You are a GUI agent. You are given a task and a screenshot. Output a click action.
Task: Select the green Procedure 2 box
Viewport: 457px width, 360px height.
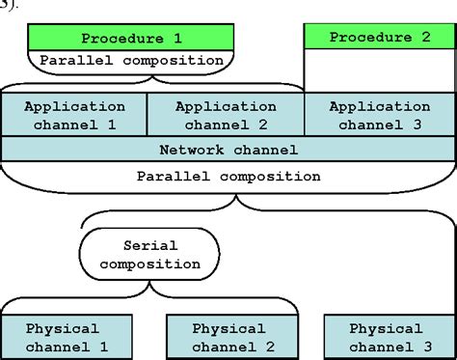[380, 38]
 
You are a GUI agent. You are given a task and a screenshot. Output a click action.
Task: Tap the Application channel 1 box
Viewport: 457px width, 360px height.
[74, 114]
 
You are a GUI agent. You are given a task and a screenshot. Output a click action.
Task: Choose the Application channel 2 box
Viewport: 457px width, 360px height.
[226, 114]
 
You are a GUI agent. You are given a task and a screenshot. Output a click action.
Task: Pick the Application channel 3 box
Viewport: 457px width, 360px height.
[379, 114]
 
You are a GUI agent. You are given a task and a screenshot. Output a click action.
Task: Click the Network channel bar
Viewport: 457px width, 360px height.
[228, 150]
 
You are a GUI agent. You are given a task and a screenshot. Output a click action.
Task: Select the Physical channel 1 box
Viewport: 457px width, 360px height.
[62, 336]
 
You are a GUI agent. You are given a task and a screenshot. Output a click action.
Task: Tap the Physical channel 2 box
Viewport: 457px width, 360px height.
[228, 336]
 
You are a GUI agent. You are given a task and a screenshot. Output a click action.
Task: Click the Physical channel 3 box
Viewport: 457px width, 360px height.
[385, 336]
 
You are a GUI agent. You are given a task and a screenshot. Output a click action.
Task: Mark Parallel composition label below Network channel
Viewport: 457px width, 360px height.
[228, 177]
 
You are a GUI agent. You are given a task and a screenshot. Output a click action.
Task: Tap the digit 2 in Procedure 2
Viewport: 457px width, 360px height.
[425, 38]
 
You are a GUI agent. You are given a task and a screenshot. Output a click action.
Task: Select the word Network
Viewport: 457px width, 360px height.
[192, 150]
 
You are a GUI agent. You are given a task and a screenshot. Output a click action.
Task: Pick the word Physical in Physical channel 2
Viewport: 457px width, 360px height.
[228, 328]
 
